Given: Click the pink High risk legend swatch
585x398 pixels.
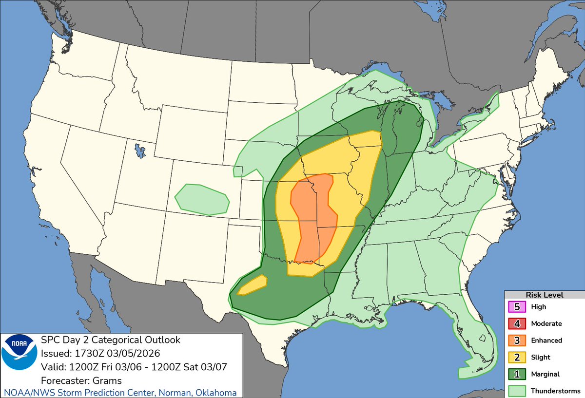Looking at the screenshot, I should coord(516,307).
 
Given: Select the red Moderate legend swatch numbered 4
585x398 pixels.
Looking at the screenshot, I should coord(516,323).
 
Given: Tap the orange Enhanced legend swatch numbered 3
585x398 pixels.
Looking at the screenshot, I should coord(516,341).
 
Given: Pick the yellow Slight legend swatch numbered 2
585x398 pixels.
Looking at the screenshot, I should coord(516,357).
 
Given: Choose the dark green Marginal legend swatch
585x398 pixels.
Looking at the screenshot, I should coord(516,374).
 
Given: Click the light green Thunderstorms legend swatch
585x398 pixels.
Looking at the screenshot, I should coord(516,391).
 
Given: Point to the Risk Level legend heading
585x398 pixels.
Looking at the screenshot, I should coord(544,295).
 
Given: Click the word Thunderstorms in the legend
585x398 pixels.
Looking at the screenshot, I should coord(555,391).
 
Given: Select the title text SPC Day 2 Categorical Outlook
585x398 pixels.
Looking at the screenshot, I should coord(111,340).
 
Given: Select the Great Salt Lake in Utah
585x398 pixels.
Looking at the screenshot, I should coord(140,151).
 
